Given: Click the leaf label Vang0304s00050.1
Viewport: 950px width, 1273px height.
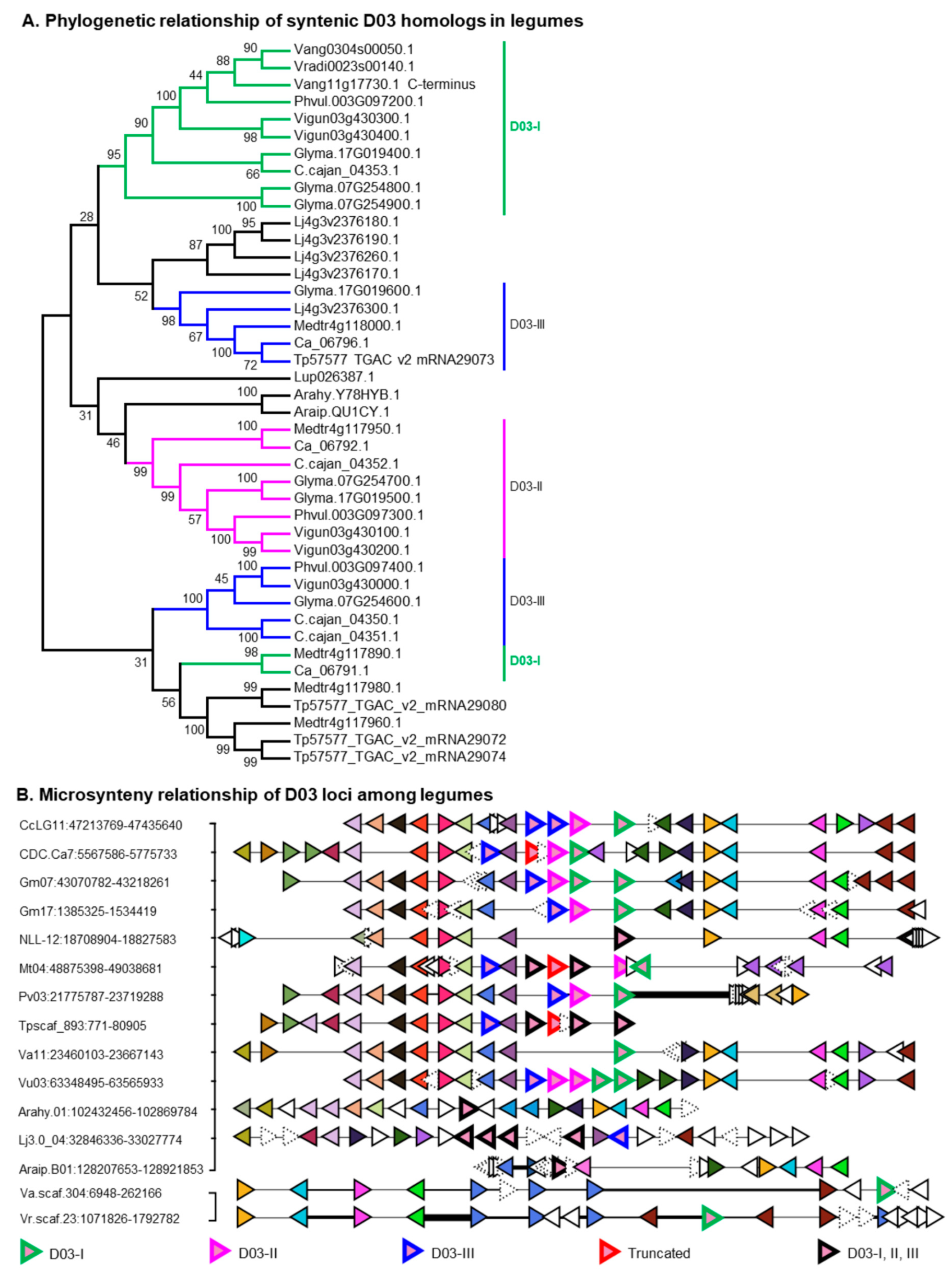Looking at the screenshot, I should tap(354, 50).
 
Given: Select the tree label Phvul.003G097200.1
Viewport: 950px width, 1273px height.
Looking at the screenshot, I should tap(358, 101).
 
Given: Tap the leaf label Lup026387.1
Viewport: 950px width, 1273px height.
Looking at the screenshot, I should tap(334, 377).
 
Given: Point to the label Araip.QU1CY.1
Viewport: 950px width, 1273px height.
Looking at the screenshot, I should tap(342, 412).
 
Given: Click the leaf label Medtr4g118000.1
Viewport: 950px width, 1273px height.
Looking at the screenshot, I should tap(347, 325).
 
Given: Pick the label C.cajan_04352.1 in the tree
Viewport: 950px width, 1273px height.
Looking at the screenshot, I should tap(346, 464).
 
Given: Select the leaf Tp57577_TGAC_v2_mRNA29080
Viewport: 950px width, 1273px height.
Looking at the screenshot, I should tap(400, 705).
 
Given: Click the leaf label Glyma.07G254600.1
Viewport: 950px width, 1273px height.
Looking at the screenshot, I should tap(357, 602).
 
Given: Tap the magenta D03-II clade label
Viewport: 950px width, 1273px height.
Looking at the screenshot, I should tap(525, 487).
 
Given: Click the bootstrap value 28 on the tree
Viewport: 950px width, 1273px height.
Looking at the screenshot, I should tap(86, 217).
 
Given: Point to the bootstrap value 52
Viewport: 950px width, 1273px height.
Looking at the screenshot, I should tap(141, 296).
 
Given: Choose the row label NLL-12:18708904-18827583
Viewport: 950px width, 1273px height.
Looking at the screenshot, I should tap(98, 939).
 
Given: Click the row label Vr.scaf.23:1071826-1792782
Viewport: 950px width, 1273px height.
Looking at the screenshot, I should tap(99, 1218).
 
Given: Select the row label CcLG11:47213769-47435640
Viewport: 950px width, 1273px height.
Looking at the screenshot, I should tap(101, 825).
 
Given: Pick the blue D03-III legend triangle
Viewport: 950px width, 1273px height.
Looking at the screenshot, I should tap(413, 1253).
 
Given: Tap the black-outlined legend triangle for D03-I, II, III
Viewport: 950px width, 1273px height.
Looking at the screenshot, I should tap(829, 1253).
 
